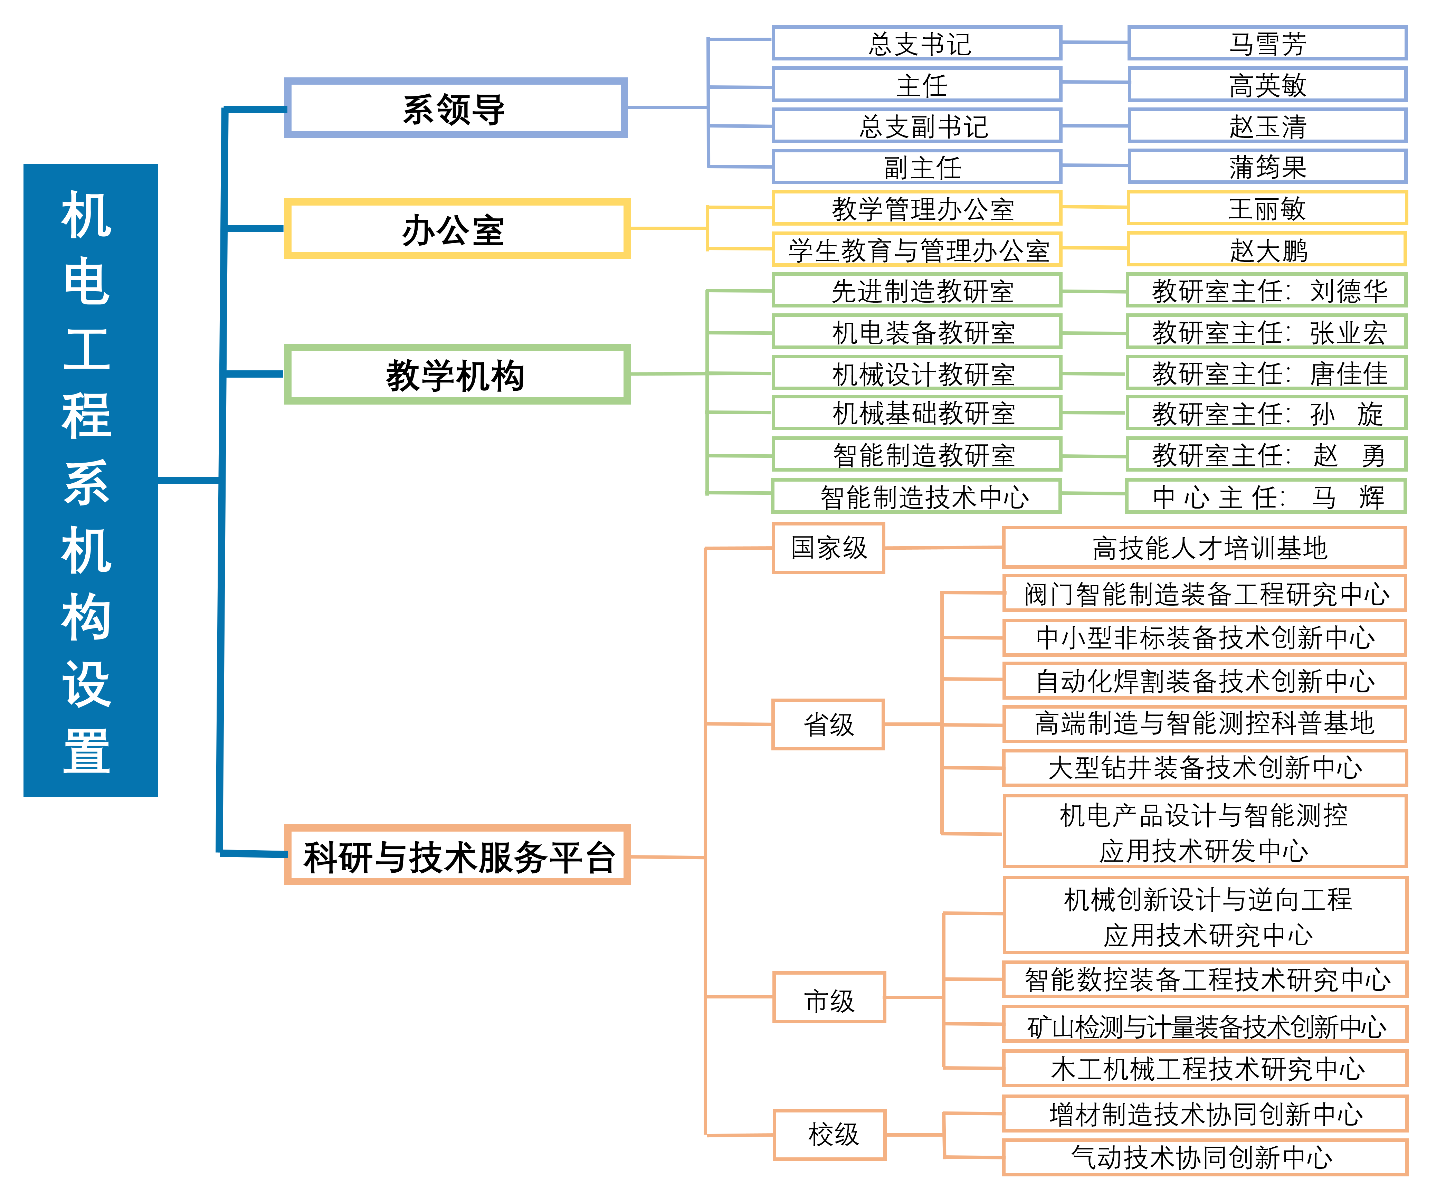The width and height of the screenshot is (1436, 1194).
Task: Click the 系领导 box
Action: click(x=455, y=108)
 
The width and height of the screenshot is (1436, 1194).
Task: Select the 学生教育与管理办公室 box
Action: click(x=917, y=249)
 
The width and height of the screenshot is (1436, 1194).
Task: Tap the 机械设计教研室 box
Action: click(x=917, y=373)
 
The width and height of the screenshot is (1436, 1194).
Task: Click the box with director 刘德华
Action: click(x=1267, y=291)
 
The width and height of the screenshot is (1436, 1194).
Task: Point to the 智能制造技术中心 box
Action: click(x=917, y=496)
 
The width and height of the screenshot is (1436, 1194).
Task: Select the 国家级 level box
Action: click(x=828, y=548)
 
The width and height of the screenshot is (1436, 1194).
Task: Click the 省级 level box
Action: click(x=828, y=724)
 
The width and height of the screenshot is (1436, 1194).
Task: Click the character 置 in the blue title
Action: click(x=87, y=751)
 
